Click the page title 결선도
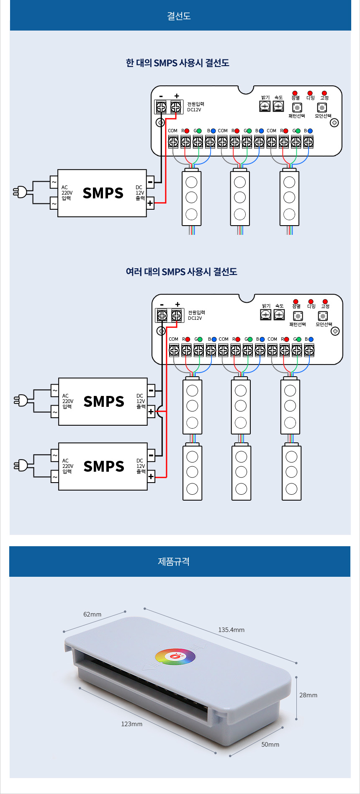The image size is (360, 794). tap(179, 16)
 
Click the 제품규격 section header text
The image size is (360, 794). tap(174, 561)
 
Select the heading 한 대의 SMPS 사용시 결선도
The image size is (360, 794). tap(177, 63)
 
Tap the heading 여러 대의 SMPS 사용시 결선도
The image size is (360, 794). tap(181, 272)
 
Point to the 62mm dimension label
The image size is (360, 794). tap(92, 614)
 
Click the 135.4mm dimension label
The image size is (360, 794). tap(231, 630)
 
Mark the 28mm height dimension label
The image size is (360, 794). tap(308, 695)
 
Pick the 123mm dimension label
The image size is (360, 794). tap(131, 724)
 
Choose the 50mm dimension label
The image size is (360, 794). tap(270, 744)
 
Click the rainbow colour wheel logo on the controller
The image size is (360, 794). tap(175, 656)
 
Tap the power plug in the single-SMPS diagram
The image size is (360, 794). tap(20, 192)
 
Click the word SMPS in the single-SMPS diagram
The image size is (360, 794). tap(103, 193)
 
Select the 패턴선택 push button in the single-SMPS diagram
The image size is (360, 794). tap(297, 108)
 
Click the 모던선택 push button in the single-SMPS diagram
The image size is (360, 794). tap(322, 108)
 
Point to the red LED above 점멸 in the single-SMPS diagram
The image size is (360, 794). tap(295, 93)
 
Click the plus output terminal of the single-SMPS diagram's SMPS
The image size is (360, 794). tap(150, 203)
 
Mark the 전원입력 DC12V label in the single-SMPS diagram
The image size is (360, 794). tap(195, 107)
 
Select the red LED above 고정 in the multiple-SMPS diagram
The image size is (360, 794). tap(325, 301)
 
